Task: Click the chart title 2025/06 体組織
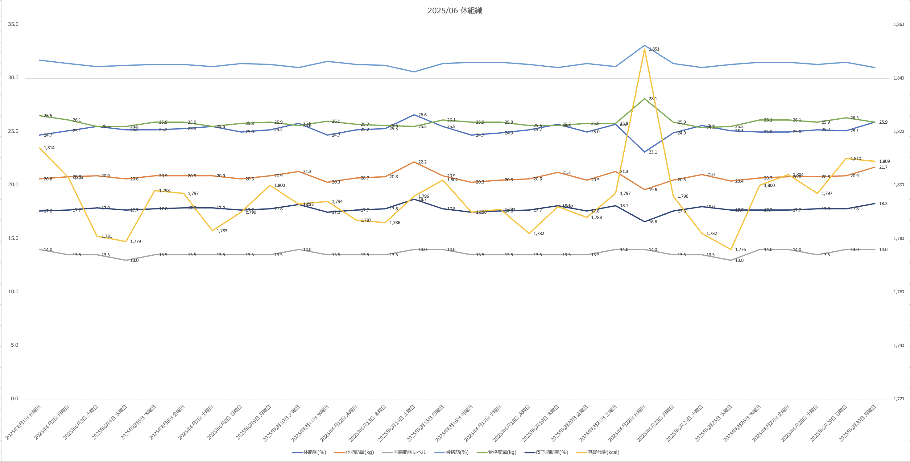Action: (x=455, y=10)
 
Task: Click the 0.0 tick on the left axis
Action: (x=14, y=398)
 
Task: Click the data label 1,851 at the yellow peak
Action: (x=654, y=49)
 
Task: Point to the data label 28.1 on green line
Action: (x=653, y=99)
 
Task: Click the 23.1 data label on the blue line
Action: (x=653, y=152)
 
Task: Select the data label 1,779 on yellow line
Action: (x=135, y=241)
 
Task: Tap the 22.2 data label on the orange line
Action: (x=423, y=162)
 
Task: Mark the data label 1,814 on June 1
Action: (x=49, y=148)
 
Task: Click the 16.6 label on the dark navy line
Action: (x=653, y=222)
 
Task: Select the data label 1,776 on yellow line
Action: (x=740, y=250)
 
